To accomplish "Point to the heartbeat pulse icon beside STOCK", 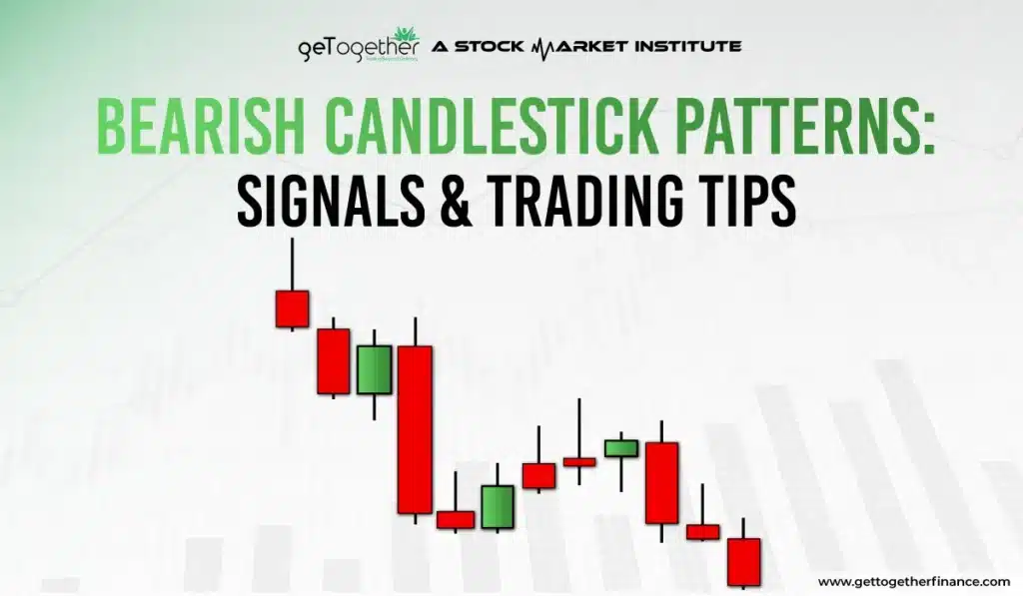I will pos(551,46).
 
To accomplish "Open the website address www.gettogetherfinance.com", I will pos(913,581).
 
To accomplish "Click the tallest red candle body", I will pos(415,429).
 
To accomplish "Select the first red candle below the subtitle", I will pos(292,308).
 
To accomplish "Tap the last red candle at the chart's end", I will pos(743,562).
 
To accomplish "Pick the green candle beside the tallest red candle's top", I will pos(374,369).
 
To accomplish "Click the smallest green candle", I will pos(620,448).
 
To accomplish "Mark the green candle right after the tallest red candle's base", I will pos(497,506).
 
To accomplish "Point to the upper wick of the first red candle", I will pos(292,264).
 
